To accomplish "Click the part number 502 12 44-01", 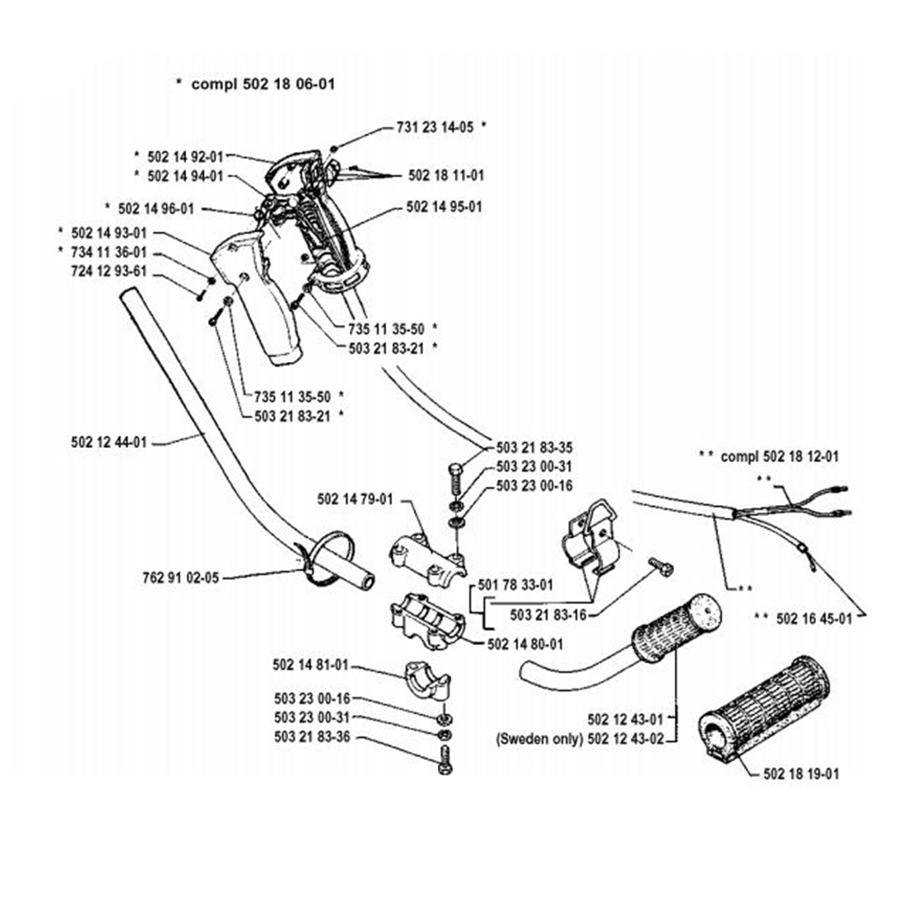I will click(x=108, y=442).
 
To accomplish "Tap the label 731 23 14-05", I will click(x=434, y=129).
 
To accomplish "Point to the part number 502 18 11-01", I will click(x=446, y=174).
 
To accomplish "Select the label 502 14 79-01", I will click(x=355, y=499).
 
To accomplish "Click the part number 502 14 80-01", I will click(x=526, y=643).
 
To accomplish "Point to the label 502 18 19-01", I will click(x=801, y=773).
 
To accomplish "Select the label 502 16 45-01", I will click(x=814, y=617).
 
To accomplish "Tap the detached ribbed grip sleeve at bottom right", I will click(x=763, y=707).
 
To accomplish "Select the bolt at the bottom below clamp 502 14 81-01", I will click(x=444, y=759).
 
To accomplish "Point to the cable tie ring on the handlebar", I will click(x=321, y=558).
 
